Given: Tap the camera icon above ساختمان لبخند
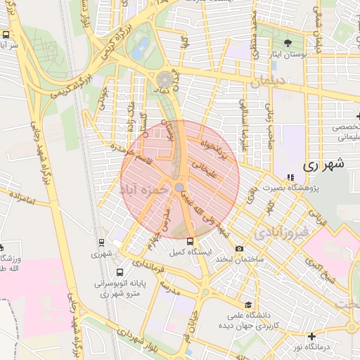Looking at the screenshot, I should [x=239, y=249].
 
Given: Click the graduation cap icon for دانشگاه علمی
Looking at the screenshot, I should [x=248, y=305].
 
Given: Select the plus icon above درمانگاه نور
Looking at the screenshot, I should [x=311, y=335].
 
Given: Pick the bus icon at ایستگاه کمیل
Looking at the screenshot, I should [x=190, y=241].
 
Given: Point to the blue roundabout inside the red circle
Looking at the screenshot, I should [x=179, y=187].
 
